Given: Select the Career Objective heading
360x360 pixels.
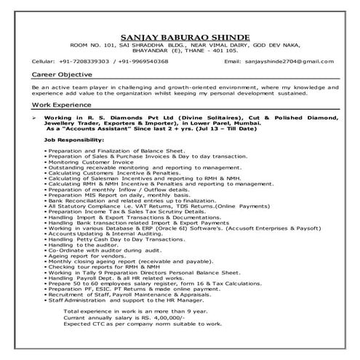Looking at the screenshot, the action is [62, 75].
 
